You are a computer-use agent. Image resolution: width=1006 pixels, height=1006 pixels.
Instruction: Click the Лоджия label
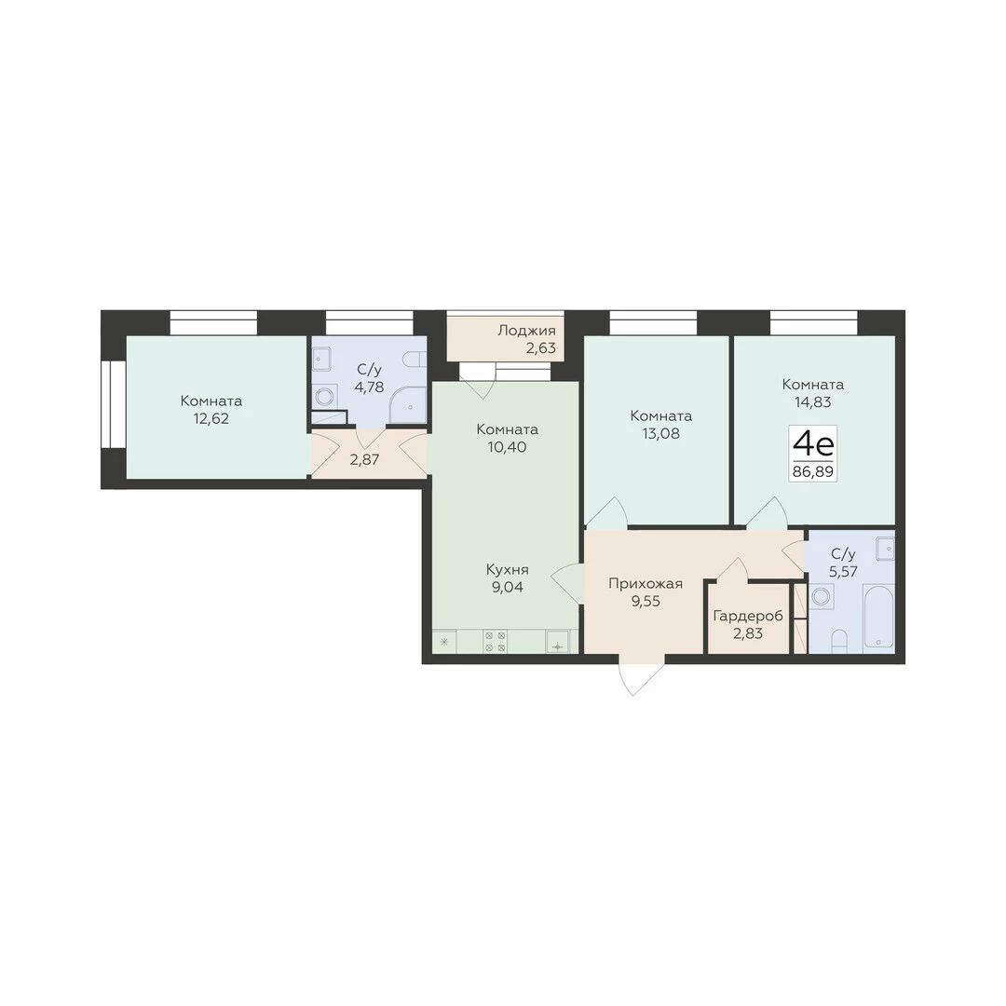526,331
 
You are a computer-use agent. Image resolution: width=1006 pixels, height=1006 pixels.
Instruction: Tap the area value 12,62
211,419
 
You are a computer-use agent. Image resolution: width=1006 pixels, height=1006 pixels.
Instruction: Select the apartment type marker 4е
813,443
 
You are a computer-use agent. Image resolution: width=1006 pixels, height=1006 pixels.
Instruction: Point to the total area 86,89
813,472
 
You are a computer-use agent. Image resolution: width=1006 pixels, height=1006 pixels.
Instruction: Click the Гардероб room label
748,617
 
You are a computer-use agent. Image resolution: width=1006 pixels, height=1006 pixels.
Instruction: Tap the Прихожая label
646,584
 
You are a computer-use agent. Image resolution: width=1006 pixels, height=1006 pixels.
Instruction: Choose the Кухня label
507,570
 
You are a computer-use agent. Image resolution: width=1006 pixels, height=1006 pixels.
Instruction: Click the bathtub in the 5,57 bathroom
878,616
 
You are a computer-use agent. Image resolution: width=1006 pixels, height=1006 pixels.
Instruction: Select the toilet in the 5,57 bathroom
839,641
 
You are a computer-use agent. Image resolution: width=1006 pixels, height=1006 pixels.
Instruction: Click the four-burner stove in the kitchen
496,642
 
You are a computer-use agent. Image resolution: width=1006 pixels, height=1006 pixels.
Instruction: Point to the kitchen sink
558,642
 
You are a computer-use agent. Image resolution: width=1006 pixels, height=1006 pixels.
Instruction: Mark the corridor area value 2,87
364,459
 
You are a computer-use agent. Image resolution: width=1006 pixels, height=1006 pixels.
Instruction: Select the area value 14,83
813,402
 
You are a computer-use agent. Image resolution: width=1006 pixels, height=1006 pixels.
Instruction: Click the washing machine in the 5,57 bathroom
822,596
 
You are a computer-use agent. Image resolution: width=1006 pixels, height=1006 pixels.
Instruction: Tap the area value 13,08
660,434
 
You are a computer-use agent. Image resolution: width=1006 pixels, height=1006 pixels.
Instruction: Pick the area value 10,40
507,447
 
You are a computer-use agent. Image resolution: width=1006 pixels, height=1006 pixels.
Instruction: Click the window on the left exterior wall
115,404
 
